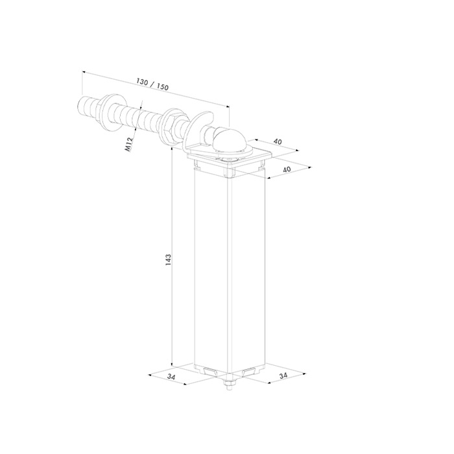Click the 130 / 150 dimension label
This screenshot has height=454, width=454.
pos(152,84)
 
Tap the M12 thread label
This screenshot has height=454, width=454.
pos(128,144)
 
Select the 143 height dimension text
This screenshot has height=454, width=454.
pos(168,260)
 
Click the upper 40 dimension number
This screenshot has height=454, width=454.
pos(278,141)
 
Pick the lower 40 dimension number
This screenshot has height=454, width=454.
pos(286,169)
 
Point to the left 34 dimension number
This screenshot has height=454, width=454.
pos(171,377)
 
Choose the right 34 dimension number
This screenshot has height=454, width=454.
pos(283,376)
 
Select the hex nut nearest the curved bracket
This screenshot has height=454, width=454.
pos(168,127)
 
